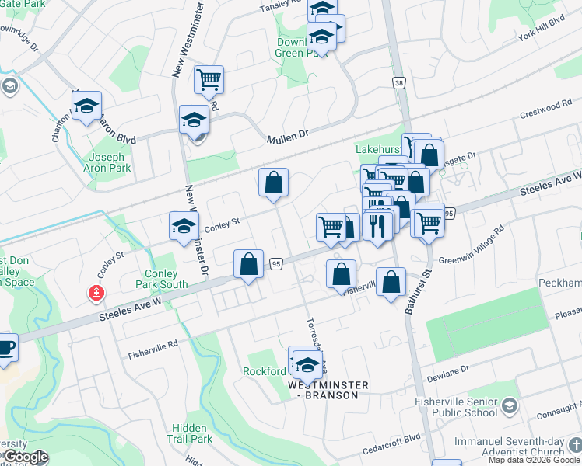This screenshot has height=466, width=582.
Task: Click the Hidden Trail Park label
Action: pos(191,433)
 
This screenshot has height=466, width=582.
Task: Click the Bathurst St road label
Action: pos(417,292)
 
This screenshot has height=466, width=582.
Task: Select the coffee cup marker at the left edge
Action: pos(5,347)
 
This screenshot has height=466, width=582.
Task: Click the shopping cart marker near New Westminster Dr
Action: pos(209,79)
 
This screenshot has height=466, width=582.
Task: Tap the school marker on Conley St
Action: pos(184,226)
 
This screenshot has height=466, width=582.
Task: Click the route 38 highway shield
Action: pos(399,82)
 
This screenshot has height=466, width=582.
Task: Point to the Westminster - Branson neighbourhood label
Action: pos(323,389)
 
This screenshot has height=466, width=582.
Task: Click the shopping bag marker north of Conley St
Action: pos(273,183)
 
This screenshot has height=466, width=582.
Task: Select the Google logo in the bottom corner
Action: pos(25,457)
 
